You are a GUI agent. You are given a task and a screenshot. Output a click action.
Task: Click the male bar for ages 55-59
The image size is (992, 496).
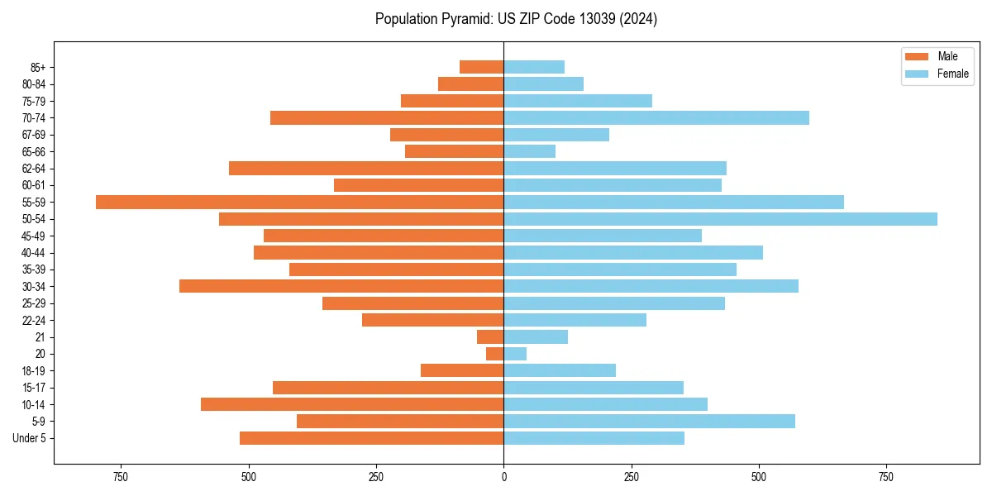coord(299,202)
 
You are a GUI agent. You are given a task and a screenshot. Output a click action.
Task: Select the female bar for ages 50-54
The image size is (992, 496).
coord(720,219)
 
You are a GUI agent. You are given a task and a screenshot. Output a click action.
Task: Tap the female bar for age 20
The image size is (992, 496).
coord(515,354)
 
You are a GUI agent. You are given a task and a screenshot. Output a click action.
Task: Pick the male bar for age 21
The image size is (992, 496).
coord(490,337)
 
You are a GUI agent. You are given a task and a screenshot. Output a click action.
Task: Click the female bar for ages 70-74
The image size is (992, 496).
coord(656,117)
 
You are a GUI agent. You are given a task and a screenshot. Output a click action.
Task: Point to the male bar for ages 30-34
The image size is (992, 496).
coord(341,286)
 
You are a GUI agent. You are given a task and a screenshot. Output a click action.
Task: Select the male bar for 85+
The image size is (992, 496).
coord(481,67)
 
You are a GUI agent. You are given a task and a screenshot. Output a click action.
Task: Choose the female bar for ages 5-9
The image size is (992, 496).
coord(649,422)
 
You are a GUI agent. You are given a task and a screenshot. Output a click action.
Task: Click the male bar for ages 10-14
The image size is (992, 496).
coord(352,404)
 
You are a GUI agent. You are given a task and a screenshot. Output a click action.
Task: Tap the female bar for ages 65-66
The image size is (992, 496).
coord(529,151)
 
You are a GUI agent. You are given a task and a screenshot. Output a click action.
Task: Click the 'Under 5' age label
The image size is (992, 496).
coord(30,438)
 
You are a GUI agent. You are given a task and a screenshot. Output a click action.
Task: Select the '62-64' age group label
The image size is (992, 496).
coord(34,169)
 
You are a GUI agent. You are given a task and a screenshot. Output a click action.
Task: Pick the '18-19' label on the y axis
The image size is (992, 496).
coord(34,371)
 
